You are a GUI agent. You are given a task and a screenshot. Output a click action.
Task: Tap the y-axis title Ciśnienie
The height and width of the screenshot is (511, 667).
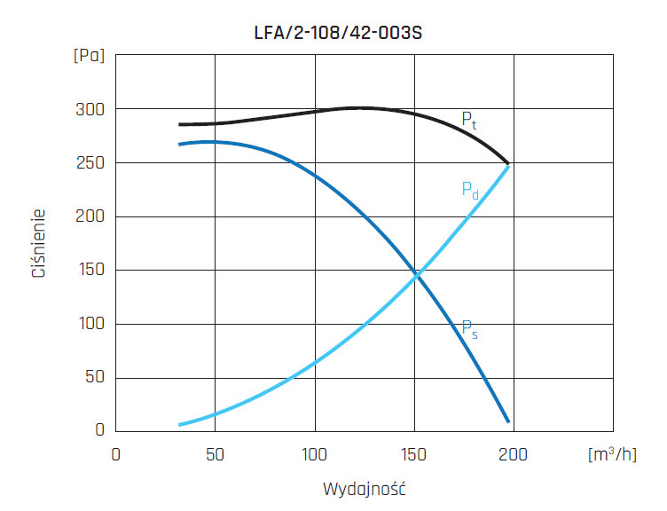38,243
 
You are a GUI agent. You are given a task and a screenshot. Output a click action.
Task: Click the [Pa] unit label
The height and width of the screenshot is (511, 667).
89,55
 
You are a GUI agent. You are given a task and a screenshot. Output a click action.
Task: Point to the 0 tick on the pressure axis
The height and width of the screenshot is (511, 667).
100,431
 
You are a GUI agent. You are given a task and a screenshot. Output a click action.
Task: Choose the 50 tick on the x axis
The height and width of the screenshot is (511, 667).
215,454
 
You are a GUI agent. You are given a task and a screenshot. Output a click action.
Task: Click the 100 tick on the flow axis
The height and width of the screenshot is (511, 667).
315,454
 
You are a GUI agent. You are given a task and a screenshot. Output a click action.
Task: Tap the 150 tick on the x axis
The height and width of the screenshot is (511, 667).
414,454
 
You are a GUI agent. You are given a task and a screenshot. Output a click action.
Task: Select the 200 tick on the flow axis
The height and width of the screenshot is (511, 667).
514,454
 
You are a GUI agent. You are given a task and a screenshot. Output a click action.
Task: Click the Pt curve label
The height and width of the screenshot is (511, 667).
468,121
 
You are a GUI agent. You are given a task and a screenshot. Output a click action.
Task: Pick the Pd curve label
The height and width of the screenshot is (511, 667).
469,190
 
